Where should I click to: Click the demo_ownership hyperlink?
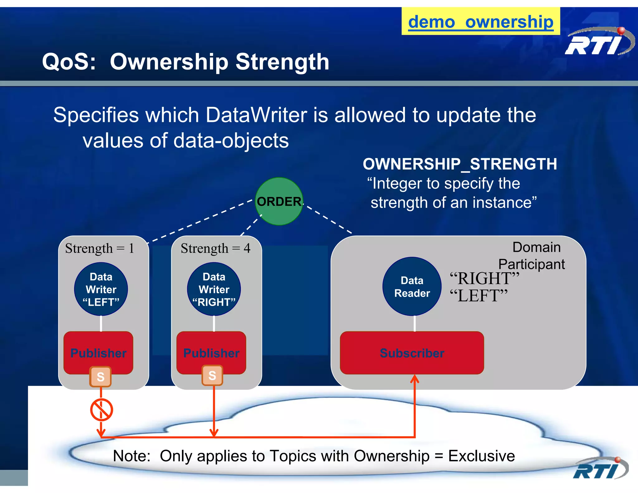(481, 22)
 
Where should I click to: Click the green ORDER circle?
(279, 201)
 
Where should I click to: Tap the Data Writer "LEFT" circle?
(101, 289)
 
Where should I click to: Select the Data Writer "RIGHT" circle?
(214, 289)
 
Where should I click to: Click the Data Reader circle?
(412, 286)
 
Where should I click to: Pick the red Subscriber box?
(412, 353)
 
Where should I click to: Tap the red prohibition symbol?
(102, 409)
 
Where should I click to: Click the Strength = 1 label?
(100, 248)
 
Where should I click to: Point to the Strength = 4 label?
(216, 248)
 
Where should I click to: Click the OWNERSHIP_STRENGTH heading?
(460, 164)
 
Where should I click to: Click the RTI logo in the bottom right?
(600, 469)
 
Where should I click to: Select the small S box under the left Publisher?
(100, 377)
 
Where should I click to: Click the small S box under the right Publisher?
(212, 376)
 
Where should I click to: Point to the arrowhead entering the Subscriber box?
(415, 379)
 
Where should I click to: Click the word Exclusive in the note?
(481, 456)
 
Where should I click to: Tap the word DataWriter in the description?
(256, 115)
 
